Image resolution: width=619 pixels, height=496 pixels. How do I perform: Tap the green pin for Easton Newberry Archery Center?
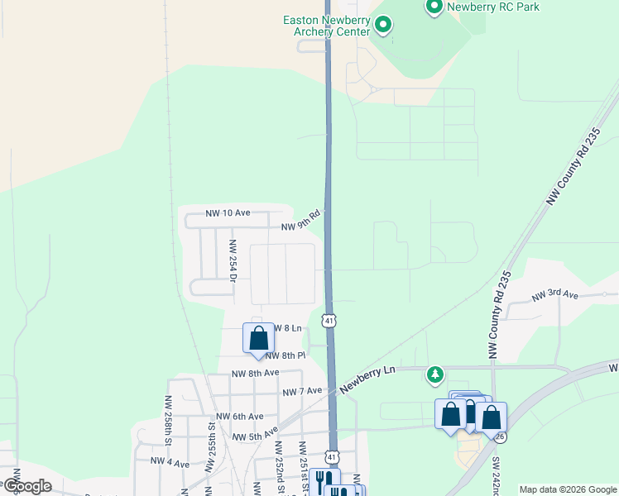click(x=382, y=25)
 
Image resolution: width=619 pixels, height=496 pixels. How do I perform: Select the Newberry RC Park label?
click(x=492, y=7)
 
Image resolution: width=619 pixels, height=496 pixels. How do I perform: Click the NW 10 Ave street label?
click(x=224, y=213)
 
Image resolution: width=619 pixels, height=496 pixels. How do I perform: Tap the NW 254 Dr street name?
click(x=233, y=260)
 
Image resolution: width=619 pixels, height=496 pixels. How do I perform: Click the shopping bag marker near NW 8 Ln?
click(x=258, y=339)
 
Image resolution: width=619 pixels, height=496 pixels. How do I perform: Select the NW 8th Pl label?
click(x=286, y=355)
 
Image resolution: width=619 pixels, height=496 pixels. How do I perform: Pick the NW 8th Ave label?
click(x=255, y=374)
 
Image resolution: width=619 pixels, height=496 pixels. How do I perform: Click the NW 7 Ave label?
click(x=301, y=391)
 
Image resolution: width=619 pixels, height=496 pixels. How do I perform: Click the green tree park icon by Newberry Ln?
click(x=434, y=375)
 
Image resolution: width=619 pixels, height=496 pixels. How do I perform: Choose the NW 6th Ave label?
click(x=239, y=417)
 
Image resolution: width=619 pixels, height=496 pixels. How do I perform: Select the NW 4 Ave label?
click(x=170, y=460)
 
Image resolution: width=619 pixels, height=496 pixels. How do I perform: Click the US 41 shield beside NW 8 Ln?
click(x=329, y=319)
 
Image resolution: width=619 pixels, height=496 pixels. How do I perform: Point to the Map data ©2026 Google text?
click(x=568, y=489)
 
